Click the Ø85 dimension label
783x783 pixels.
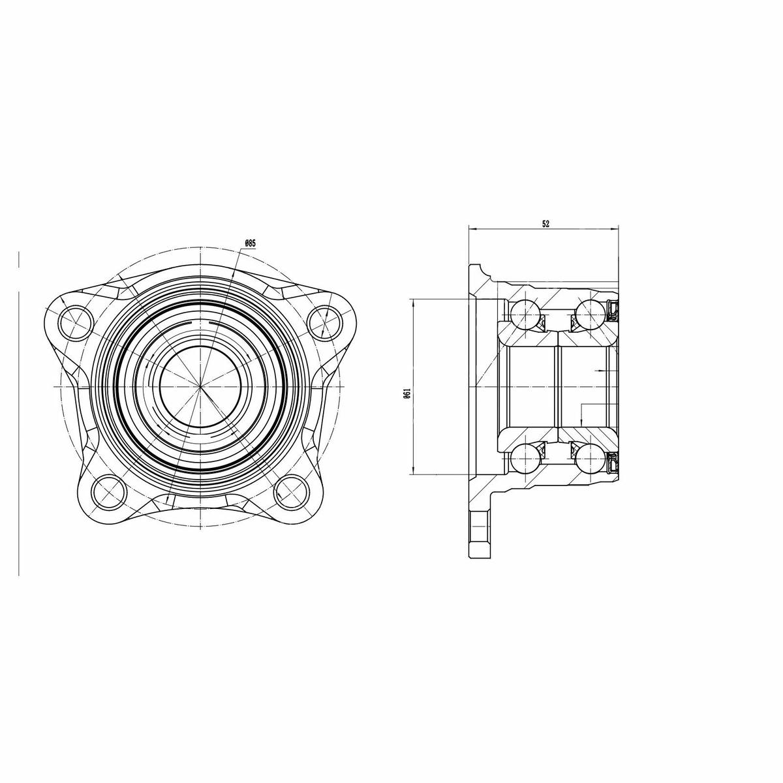tap(250, 243)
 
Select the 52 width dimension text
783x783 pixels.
tap(545, 224)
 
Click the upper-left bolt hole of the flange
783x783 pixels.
tap(75, 323)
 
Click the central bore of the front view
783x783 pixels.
tap(200, 386)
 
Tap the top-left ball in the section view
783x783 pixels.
tap(524, 314)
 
